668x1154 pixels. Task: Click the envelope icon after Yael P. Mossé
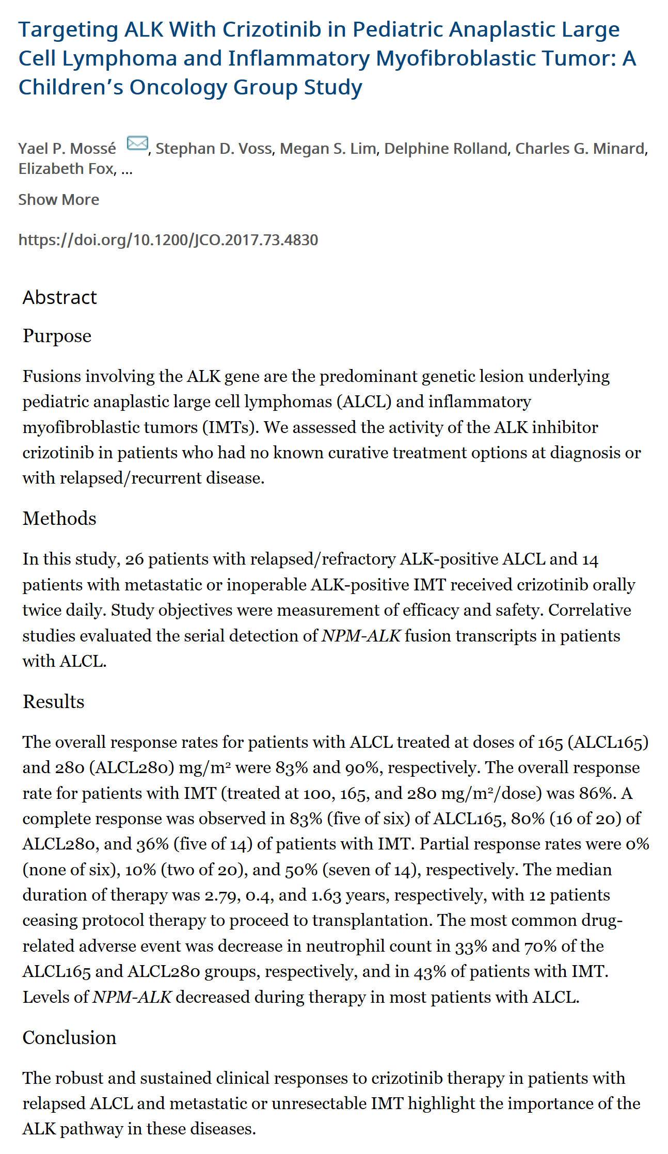pyautogui.click(x=137, y=143)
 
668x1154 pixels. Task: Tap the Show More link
pyautogui.click(x=59, y=200)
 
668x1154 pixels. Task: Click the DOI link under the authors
pyautogui.click(x=168, y=240)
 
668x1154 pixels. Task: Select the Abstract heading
pyautogui.click(x=60, y=298)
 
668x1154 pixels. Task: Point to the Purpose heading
pyautogui.click(x=57, y=336)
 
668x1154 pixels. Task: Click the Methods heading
pyautogui.click(x=59, y=519)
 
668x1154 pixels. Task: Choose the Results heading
pyautogui.click(x=53, y=702)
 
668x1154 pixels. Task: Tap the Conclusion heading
pyautogui.click(x=69, y=1038)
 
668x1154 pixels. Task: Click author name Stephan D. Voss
pyautogui.click(x=213, y=149)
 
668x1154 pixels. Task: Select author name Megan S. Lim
pyautogui.click(x=329, y=149)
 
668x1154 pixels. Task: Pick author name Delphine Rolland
pyautogui.click(x=446, y=149)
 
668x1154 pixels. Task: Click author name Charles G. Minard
pyautogui.click(x=580, y=149)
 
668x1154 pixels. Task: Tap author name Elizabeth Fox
pyautogui.click(x=66, y=169)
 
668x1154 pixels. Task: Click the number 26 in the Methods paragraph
pyautogui.click(x=134, y=559)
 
